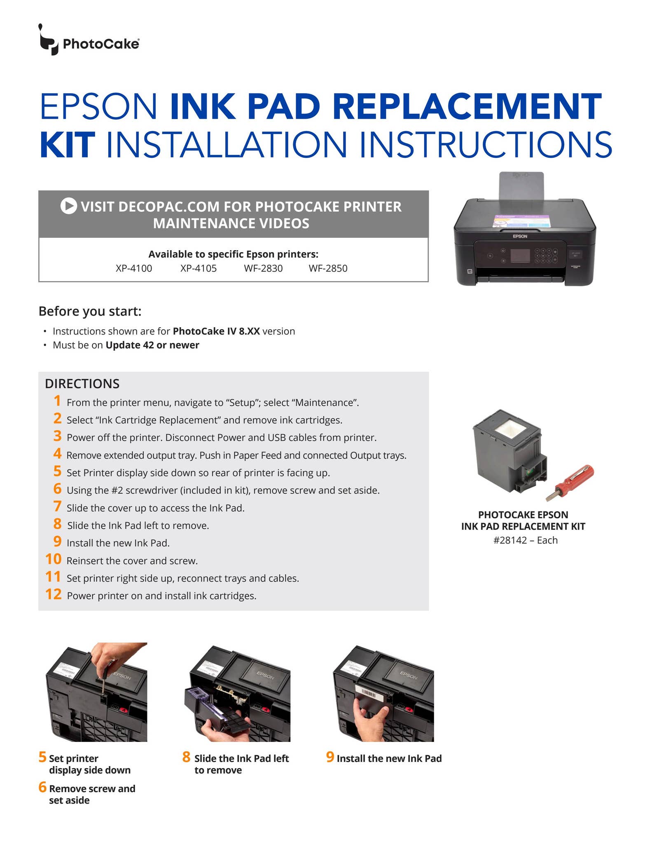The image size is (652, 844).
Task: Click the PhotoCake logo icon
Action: click(x=49, y=40)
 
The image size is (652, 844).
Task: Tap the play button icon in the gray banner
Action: click(x=69, y=206)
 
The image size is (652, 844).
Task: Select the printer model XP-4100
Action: click(x=134, y=268)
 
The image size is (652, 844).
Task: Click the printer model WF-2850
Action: click(x=328, y=268)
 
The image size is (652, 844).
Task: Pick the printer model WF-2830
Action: click(x=263, y=268)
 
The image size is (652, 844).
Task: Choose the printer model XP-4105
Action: click(x=199, y=268)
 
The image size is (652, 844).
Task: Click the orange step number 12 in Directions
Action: click(x=54, y=594)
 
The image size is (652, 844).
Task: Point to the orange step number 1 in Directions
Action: click(x=57, y=401)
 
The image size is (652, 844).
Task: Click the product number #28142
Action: click(x=510, y=540)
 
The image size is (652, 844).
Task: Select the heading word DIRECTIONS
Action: click(x=82, y=384)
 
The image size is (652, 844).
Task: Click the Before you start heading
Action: click(x=90, y=311)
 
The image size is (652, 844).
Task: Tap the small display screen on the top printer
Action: click(x=520, y=256)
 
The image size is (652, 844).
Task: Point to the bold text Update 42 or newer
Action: click(x=152, y=345)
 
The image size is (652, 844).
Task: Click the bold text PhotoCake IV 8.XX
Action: click(x=216, y=331)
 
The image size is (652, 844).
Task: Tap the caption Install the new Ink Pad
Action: click(x=389, y=758)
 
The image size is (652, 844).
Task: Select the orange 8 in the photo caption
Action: click(x=187, y=757)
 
